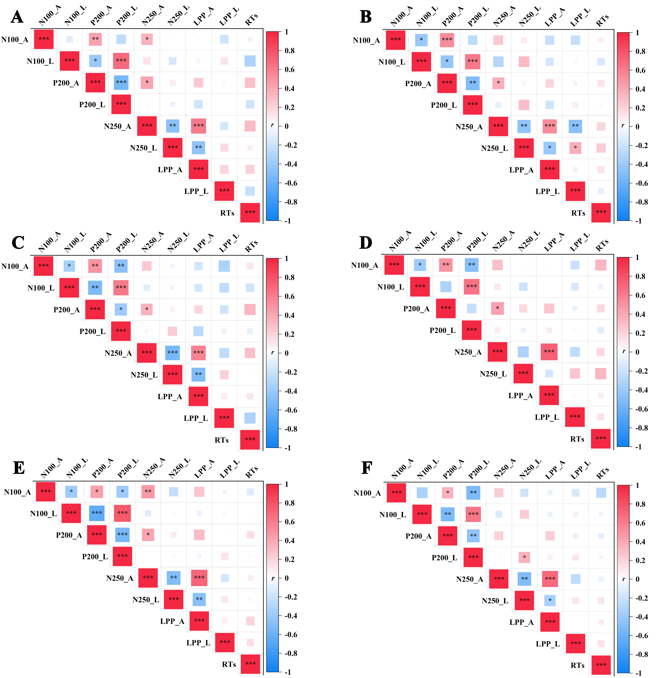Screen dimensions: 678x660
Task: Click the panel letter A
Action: (17, 17)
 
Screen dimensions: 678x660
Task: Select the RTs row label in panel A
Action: (227, 213)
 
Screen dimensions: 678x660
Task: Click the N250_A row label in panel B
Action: (469, 127)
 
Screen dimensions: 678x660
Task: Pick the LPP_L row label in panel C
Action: (196, 418)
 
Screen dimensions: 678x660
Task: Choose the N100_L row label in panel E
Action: (43, 513)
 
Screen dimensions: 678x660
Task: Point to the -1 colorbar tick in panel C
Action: (287, 448)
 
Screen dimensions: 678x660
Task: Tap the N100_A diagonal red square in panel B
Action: (396, 40)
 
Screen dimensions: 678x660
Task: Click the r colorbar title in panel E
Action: (273, 578)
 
